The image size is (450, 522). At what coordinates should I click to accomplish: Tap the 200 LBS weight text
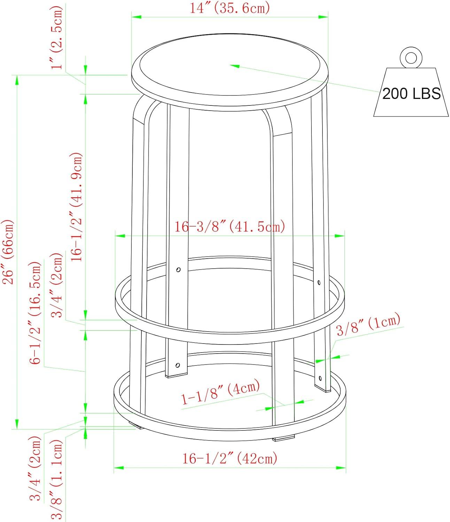coord(411,94)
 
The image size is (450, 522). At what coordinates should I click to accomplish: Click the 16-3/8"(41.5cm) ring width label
coord(230,227)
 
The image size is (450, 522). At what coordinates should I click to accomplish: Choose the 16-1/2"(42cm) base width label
coord(230,458)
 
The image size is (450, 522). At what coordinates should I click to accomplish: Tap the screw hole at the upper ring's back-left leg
coord(178,270)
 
